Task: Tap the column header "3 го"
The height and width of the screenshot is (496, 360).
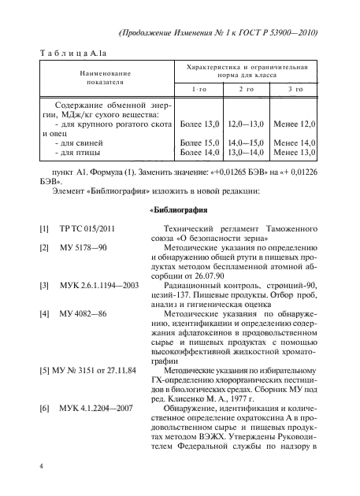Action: pyautogui.click(x=293, y=91)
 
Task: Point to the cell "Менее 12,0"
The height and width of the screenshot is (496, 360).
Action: pyautogui.click(x=293, y=125)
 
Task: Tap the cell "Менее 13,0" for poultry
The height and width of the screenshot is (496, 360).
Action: pyautogui.click(x=293, y=152)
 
